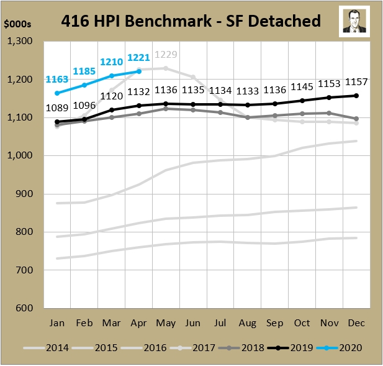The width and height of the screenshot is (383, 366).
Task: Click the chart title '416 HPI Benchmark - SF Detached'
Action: [191, 21]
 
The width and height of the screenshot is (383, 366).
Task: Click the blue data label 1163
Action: [56, 80]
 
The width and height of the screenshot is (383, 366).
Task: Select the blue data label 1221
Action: [138, 58]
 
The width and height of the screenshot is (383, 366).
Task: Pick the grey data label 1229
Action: [165, 55]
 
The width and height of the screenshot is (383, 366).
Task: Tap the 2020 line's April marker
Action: [138, 71]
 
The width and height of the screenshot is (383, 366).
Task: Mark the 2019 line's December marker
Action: [356, 96]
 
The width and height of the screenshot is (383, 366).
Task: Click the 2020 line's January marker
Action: [57, 93]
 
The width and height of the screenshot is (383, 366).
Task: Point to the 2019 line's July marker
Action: [220, 104]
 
